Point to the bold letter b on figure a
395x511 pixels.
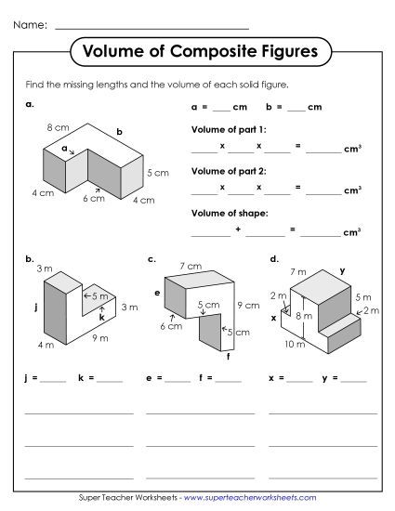119,131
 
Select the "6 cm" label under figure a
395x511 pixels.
93,198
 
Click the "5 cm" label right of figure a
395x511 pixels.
157,173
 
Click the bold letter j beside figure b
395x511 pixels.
33,304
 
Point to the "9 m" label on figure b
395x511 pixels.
100,338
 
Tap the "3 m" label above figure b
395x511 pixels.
45,269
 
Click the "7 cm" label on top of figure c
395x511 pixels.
191,267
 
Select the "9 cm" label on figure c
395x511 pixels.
248,304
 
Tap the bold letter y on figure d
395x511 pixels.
342,270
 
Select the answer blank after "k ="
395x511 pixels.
110,379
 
